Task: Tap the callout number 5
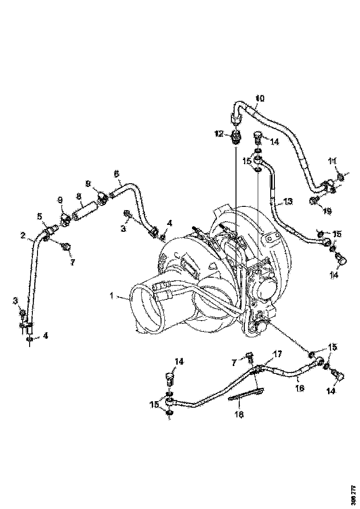pos(40,216)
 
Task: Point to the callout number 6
pos(116,174)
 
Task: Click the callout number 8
pos(79,196)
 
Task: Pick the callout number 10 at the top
pos(260,98)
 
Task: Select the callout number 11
pos(332,161)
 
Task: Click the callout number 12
pos(218,134)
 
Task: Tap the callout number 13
pos(288,201)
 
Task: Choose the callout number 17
pos(277,354)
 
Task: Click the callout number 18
pos(239,414)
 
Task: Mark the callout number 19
pos(327,211)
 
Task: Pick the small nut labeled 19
pos(315,200)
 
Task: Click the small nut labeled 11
pos(341,176)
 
